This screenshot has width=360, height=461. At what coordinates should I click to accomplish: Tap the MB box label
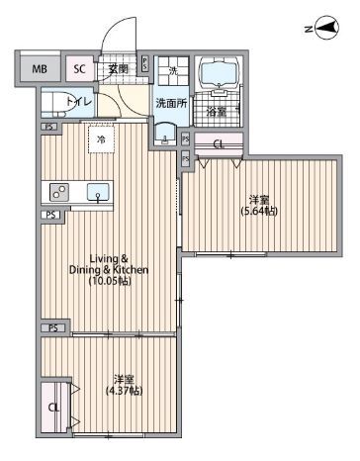tap(39, 69)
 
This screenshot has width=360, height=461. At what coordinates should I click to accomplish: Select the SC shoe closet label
tap(79, 69)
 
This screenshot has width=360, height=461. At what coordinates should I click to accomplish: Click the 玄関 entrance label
tap(119, 67)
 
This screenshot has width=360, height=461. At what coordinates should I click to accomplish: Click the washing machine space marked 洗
tap(172, 71)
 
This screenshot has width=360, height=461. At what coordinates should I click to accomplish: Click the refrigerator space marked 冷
tap(100, 140)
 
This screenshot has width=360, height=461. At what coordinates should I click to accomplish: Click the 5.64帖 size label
tap(259, 211)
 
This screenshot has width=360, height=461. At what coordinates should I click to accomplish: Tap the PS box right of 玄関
tap(145, 64)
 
